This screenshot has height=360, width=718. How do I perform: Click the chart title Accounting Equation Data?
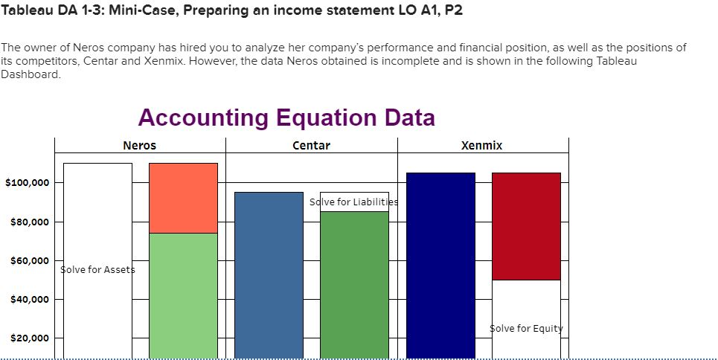(286, 118)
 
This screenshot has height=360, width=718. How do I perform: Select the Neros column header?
(140, 146)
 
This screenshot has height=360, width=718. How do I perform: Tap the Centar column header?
(312, 146)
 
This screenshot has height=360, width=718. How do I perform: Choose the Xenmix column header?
(483, 146)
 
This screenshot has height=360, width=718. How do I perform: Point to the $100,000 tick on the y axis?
(28, 183)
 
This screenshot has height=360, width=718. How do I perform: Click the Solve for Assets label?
(97, 269)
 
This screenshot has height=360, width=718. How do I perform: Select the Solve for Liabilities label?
(353, 202)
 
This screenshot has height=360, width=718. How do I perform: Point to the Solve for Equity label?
(526, 329)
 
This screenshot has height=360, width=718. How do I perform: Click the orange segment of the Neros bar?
(183, 198)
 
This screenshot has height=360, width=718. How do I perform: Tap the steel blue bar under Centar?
(269, 275)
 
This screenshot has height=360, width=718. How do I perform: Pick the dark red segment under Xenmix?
(526, 226)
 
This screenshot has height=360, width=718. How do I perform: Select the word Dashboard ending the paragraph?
(31, 76)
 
